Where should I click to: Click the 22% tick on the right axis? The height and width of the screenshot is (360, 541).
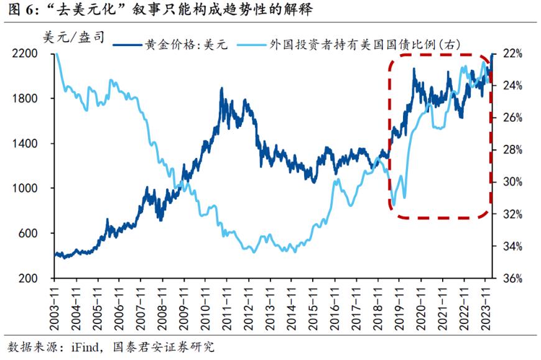(x=511, y=54)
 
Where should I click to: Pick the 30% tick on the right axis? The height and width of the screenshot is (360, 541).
(x=511, y=182)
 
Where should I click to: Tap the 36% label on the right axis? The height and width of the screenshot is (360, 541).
(x=511, y=278)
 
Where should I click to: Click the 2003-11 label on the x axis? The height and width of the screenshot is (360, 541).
(x=55, y=304)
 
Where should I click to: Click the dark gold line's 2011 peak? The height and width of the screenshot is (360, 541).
(x=222, y=88)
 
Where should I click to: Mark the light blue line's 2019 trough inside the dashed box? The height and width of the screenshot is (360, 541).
(x=393, y=206)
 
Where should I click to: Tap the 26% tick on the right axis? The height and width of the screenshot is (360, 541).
(x=511, y=118)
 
